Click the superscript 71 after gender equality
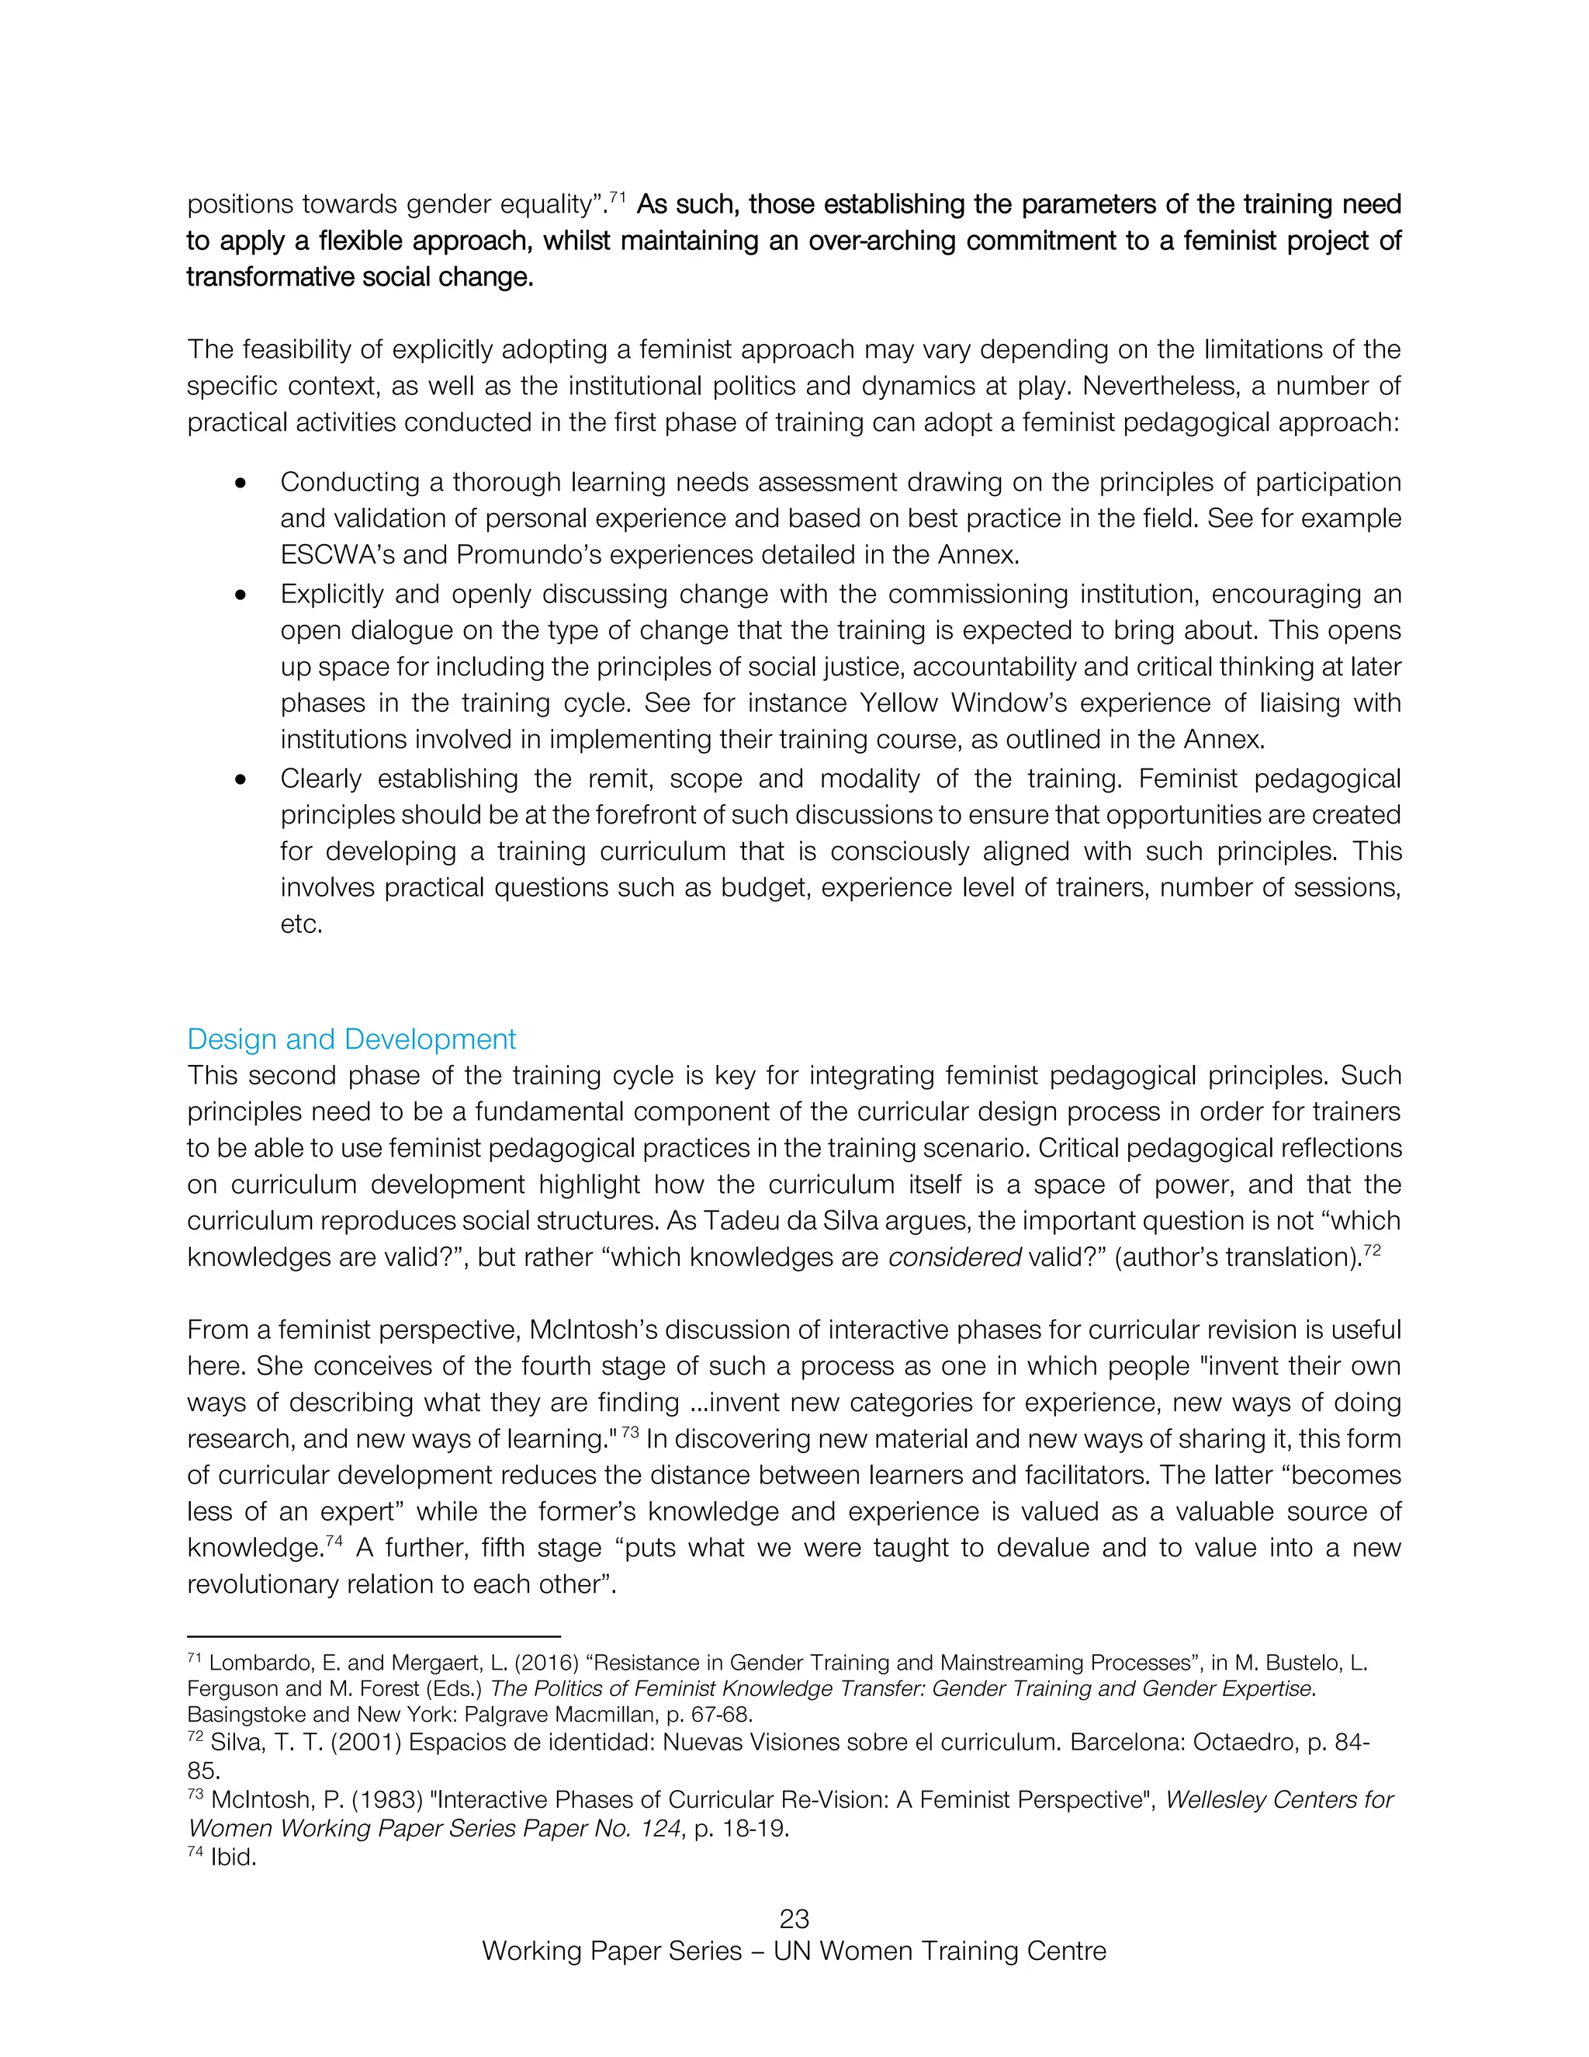pos(618,198)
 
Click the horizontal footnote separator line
pos(374,1637)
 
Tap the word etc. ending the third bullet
pos(301,924)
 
